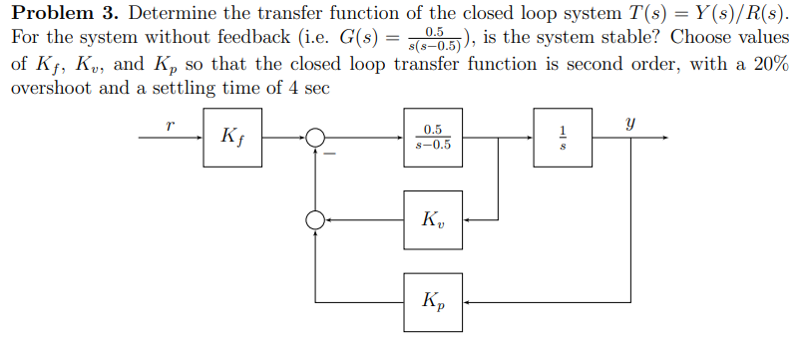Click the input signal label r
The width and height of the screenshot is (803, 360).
pos(170,126)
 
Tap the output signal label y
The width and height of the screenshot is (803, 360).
pos(630,124)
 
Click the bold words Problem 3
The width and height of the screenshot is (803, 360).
pos(64,15)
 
